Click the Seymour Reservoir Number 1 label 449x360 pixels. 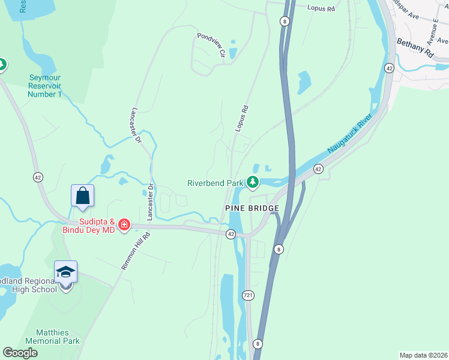(x=46, y=86)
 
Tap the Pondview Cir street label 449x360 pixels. (x=211, y=45)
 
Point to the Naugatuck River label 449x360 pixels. (x=350, y=131)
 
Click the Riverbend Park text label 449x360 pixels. (x=215, y=182)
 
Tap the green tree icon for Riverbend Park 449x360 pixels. (x=253, y=181)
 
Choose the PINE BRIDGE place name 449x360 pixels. (x=252, y=208)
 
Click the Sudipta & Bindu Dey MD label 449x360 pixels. (x=88, y=226)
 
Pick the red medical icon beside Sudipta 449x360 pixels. (x=124, y=225)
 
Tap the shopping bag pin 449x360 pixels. (x=82, y=196)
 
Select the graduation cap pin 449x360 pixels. (x=65, y=272)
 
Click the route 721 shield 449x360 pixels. (x=249, y=295)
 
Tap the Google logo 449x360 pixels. (x=20, y=353)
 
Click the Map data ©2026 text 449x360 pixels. (x=423, y=355)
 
